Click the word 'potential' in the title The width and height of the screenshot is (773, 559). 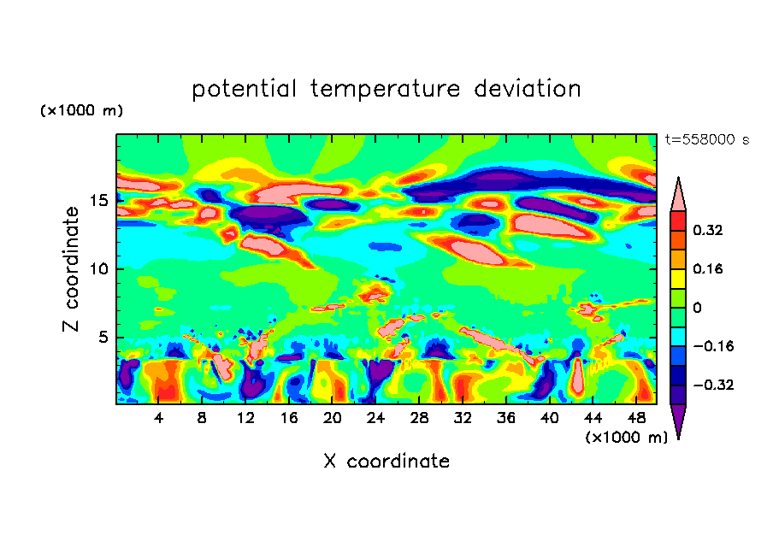(245, 89)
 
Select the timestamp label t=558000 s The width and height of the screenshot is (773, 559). (706, 139)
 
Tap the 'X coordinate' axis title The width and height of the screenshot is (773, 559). (386, 462)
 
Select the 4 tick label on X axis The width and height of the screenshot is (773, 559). (159, 418)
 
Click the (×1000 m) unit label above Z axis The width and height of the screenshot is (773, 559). (81, 111)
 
